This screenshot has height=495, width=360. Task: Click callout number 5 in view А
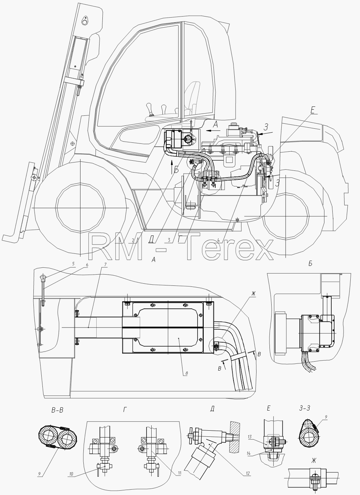pos(73,263)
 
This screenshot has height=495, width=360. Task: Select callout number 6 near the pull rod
pos(87,265)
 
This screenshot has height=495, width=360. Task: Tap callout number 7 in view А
pos(105,264)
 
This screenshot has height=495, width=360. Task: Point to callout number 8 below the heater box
pos(186,373)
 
